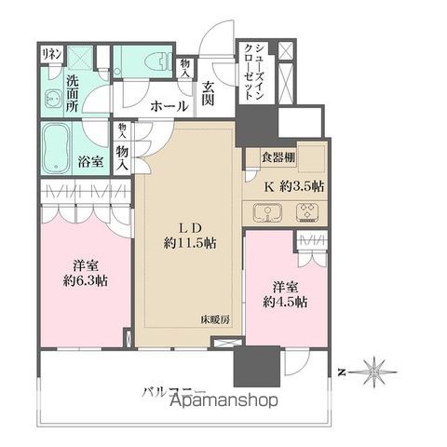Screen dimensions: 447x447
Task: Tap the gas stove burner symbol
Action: (306, 212)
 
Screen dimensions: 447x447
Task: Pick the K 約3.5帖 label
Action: (293, 184)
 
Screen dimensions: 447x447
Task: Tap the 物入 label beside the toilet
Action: (185, 68)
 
